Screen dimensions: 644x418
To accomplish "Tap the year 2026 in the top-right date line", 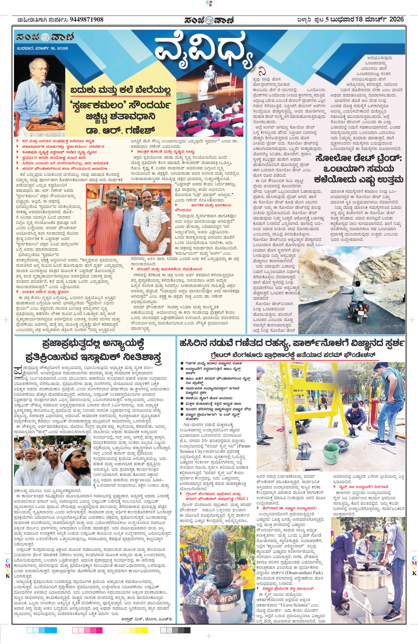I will click(x=396, y=19).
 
